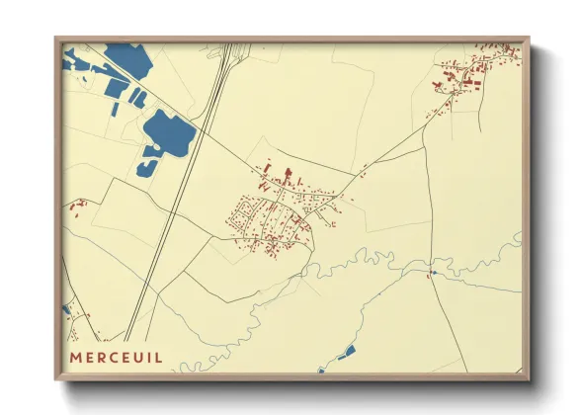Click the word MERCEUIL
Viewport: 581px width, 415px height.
click(116, 357)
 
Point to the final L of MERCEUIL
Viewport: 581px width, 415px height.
click(159, 357)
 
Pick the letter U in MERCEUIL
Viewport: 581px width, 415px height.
click(136, 357)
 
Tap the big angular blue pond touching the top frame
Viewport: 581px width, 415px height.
click(126, 61)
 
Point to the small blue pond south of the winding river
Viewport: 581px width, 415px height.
click(346, 352)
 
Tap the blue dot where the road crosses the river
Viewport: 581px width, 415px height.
click(433, 271)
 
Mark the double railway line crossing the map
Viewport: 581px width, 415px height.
click(182, 188)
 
